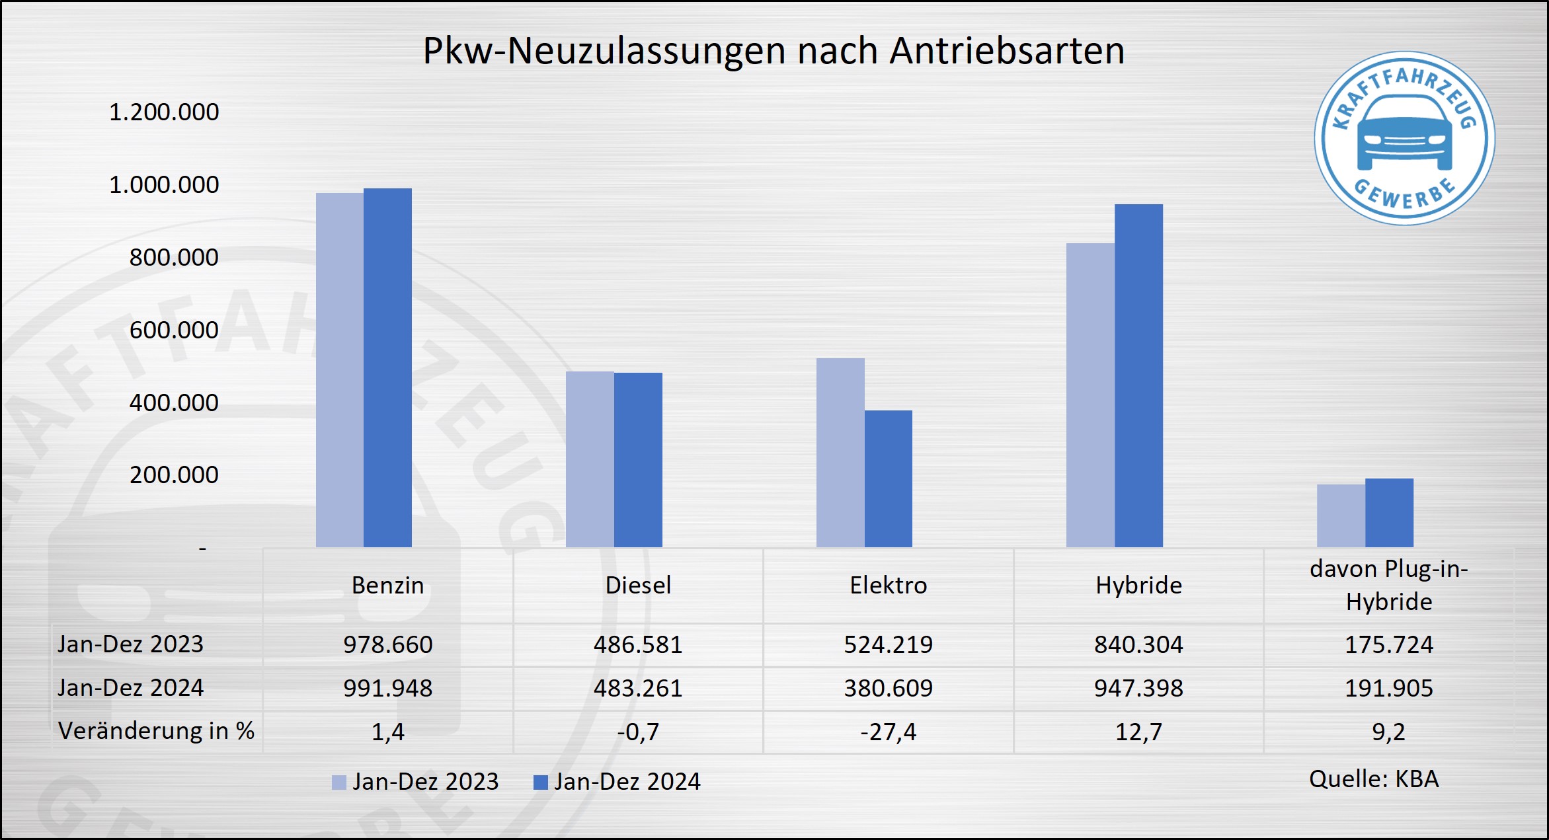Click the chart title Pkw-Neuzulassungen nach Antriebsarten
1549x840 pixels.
tap(774, 51)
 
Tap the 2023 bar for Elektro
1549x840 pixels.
tap(840, 452)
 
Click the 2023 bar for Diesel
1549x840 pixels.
tap(590, 459)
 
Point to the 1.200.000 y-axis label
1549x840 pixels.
tap(164, 112)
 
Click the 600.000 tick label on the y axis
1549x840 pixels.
tap(174, 330)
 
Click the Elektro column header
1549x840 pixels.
tap(888, 585)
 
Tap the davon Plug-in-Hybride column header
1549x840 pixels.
tap(1388, 585)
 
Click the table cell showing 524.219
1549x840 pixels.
tap(888, 644)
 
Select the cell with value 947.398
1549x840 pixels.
tap(1138, 688)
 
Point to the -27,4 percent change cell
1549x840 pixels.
tap(888, 732)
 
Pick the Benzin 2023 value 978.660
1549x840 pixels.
tap(387, 644)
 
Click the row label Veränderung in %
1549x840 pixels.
tap(156, 731)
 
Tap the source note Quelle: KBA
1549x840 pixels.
tap(1374, 779)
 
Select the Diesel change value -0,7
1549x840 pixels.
tap(638, 732)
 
